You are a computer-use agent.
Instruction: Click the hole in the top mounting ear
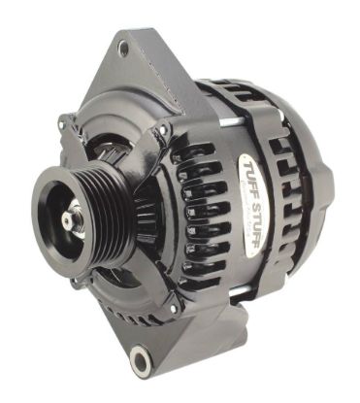123,46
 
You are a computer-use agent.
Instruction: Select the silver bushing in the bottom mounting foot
143,362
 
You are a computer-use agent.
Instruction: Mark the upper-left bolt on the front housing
66,123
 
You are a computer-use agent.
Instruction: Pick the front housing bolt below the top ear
164,129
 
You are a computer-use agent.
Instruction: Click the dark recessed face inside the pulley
53,228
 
